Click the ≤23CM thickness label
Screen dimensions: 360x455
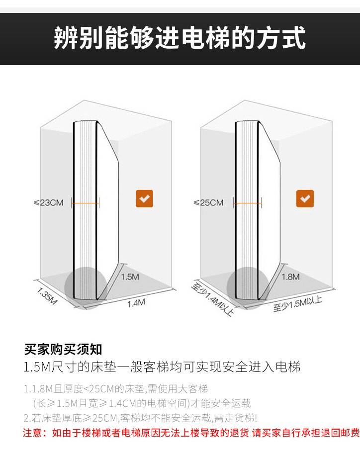(x=48, y=203)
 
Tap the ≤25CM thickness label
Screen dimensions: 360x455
(x=208, y=203)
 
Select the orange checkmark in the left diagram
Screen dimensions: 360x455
(x=145, y=199)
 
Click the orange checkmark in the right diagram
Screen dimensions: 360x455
(x=305, y=199)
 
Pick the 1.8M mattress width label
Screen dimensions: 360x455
(x=291, y=276)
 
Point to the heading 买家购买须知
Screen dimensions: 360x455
(x=63, y=350)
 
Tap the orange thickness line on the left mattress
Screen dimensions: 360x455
(x=86, y=203)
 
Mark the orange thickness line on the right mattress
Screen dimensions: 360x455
(x=247, y=203)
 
